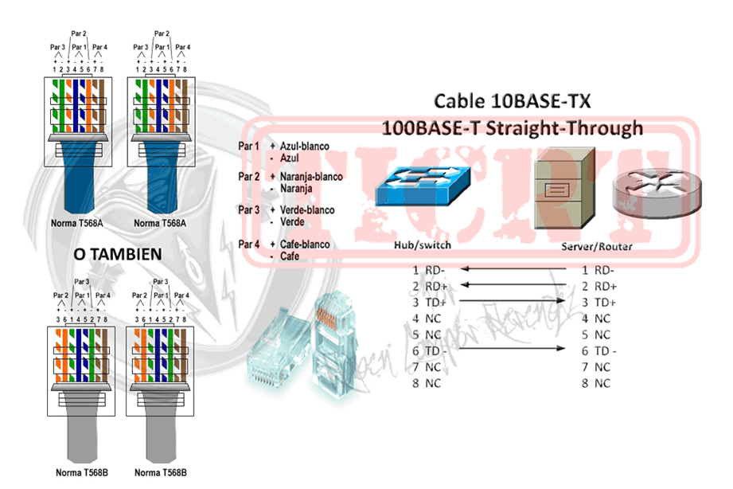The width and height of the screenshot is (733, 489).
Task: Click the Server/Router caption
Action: pos(598,247)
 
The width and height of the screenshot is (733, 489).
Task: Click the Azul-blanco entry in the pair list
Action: pos(300,147)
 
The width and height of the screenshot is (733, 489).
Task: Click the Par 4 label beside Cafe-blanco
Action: pos(248,243)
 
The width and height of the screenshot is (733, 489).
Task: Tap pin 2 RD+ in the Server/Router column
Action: pos(598,286)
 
